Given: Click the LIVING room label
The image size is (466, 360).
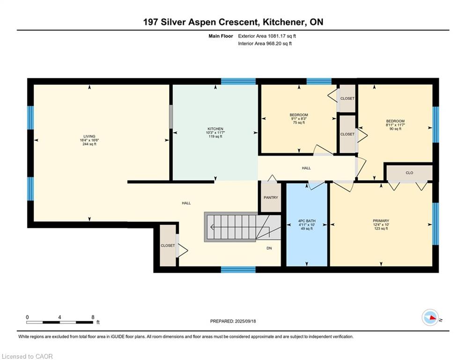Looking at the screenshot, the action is pos(89,136).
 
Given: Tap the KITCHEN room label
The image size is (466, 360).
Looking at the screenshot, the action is pos(215,129).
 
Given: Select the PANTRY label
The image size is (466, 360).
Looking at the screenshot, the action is pos(271,197).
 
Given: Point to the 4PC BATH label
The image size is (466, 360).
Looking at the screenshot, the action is pos(307,221).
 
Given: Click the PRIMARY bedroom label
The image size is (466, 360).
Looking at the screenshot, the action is pos(381,221).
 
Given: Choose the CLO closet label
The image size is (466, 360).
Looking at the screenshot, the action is pos(409,173).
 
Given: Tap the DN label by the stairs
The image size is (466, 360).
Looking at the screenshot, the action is pos(269,248).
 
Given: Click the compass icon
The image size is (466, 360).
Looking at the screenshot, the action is pos(430,317).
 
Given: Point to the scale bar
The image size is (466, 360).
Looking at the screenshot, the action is pos(59,322).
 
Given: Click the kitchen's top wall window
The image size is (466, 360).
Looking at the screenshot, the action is pos(238,81).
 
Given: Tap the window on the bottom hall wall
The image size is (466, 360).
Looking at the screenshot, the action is pos(238,270).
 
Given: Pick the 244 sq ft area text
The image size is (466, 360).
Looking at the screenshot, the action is pos(89,144).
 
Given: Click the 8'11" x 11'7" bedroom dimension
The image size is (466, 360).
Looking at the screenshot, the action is pos(395,125).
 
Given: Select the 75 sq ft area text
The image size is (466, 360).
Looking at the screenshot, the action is pos(299,123).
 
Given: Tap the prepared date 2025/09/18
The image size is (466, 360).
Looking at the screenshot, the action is pos(245,321).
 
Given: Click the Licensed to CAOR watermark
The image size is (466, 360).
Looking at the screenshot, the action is pos(27,356).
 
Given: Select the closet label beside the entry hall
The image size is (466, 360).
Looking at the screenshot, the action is pos(168,246).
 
